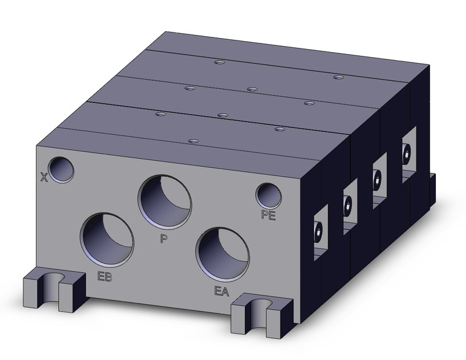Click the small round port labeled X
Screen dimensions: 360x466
pyautogui.click(x=61, y=169)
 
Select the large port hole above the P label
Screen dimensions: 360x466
pyautogui.click(x=164, y=201)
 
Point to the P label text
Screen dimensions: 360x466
pyautogui.click(x=163, y=238)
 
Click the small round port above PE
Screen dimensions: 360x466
pyautogui.click(x=269, y=196)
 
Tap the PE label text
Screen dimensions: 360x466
pyautogui.click(x=269, y=215)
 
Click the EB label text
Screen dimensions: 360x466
pyautogui.click(x=104, y=276)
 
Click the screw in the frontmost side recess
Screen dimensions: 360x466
pyautogui.click(x=318, y=232)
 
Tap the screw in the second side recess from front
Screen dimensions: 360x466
pyautogui.click(x=348, y=207)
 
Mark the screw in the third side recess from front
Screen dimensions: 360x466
pyautogui.click(x=377, y=178)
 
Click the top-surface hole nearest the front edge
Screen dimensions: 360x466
pyautogui.click(x=193, y=142)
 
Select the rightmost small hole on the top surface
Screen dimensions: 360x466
pyautogui.click(x=337, y=77)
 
